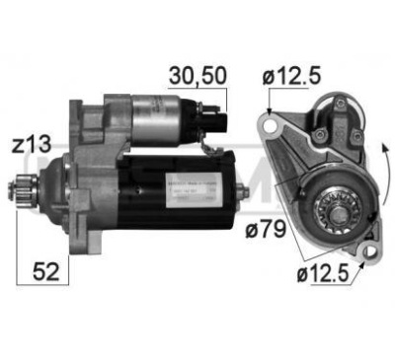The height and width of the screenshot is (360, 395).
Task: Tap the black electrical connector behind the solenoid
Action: point(225,125)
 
